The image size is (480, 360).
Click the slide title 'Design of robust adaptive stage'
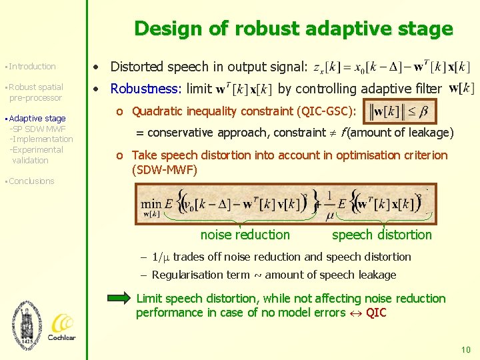point(293,29)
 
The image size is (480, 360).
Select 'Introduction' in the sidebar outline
point(33,67)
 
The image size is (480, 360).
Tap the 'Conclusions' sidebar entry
point(32,181)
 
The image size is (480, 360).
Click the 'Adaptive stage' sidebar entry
point(37,118)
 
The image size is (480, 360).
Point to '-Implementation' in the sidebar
point(41,139)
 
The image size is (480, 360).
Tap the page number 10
point(465,349)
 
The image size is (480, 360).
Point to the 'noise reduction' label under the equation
point(245,235)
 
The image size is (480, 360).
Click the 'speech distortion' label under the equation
point(382,235)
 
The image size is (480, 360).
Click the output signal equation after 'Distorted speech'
point(392,67)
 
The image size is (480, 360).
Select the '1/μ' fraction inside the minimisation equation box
point(329,206)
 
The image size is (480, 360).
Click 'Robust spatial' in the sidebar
point(36,87)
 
